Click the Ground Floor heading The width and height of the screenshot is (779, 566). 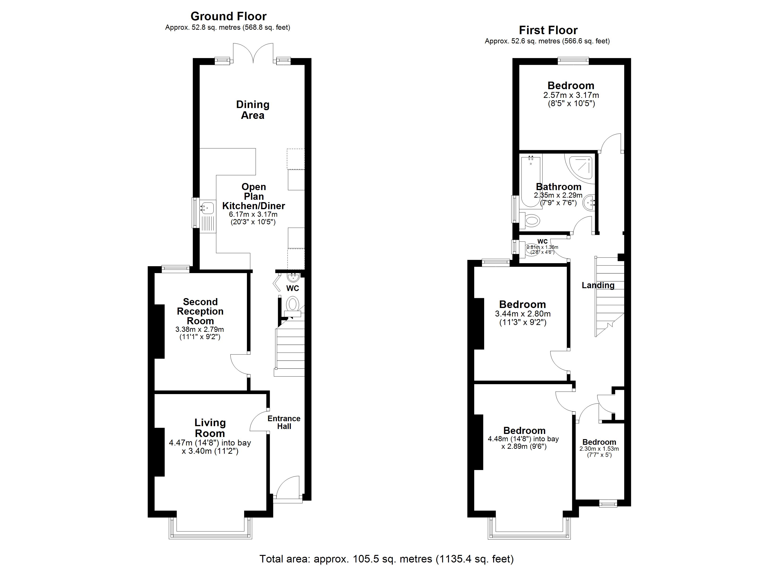coord(229,16)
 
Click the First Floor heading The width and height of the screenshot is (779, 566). coord(548,30)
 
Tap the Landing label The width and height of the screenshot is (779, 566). coord(598,285)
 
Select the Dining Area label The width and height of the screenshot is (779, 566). coord(253,110)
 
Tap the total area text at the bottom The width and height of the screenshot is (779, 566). coord(386,559)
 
